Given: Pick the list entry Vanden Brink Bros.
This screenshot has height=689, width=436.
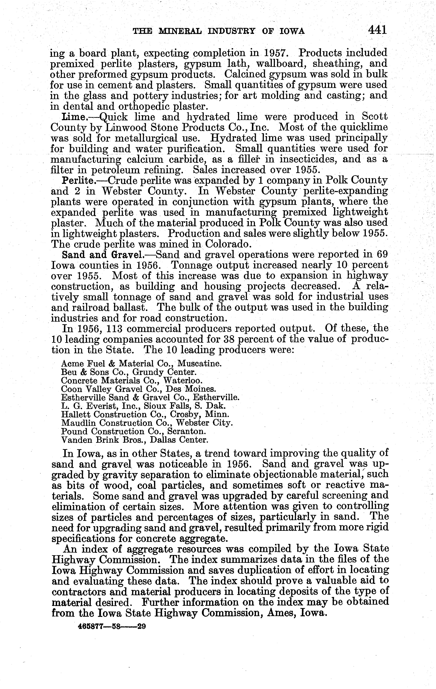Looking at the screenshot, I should pos(135,440).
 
